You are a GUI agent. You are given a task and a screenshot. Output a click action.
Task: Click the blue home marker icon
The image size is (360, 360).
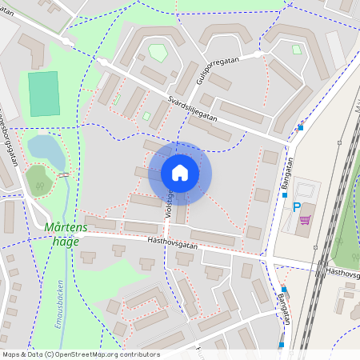point(180,173)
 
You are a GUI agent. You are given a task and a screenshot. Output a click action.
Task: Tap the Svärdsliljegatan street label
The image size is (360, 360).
point(201,110)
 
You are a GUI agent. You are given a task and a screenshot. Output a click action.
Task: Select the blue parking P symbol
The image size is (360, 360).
point(297,206)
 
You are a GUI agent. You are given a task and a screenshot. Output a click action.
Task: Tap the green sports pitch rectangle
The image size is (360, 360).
point(45,94)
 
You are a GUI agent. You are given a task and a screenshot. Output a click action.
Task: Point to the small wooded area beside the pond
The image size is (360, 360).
point(38,181)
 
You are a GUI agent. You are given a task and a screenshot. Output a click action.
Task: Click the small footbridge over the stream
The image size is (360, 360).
point(63,174)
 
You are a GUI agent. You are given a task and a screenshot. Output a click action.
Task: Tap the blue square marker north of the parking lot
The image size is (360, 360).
point(301,127)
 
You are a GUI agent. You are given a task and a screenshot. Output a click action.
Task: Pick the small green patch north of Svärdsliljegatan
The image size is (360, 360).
point(158,52)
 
